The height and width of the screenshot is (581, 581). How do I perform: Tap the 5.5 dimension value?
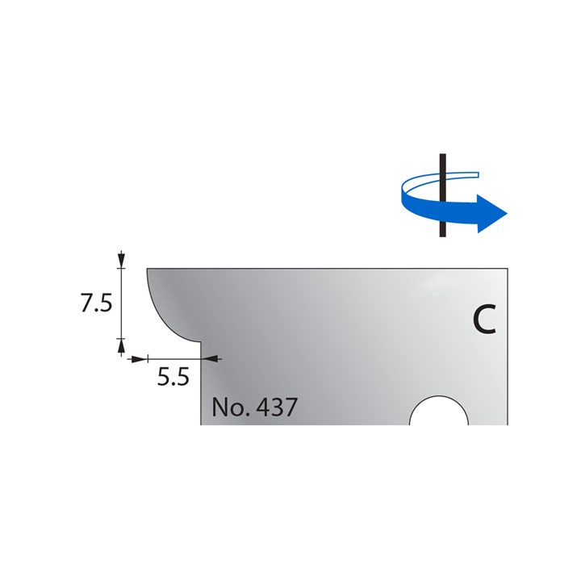[x=172, y=378]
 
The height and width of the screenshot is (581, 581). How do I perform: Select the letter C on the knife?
[x=483, y=320]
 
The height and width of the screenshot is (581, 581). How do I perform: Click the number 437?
[x=274, y=407]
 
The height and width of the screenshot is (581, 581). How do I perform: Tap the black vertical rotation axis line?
[x=441, y=226]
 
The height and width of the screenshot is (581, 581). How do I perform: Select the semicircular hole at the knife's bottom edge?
[x=439, y=412]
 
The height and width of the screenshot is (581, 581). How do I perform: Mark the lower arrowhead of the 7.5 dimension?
[x=121, y=347]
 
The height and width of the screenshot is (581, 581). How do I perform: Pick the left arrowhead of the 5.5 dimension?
[x=139, y=357]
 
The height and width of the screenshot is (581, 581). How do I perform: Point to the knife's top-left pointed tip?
[x=147, y=270]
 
